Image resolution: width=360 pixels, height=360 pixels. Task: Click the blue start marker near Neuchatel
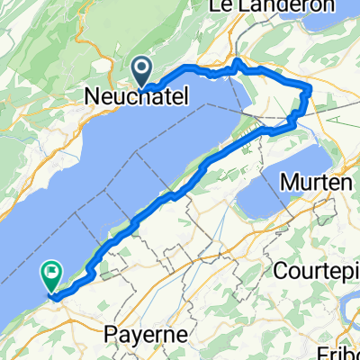pos(142,70)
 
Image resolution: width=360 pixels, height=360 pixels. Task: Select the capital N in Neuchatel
pos(90,96)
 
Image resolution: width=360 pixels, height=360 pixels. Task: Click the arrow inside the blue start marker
pos(142,67)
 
